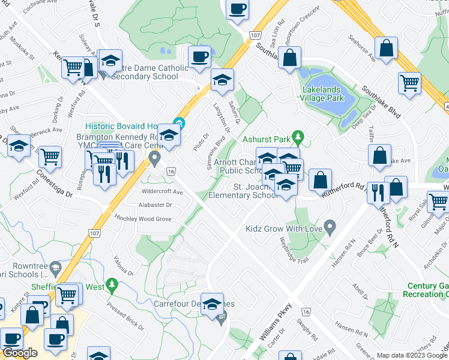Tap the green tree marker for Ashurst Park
(x=296, y=137)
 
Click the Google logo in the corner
(x=20, y=353)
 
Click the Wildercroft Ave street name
(x=162, y=192)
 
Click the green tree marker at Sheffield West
(x=111, y=284)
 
